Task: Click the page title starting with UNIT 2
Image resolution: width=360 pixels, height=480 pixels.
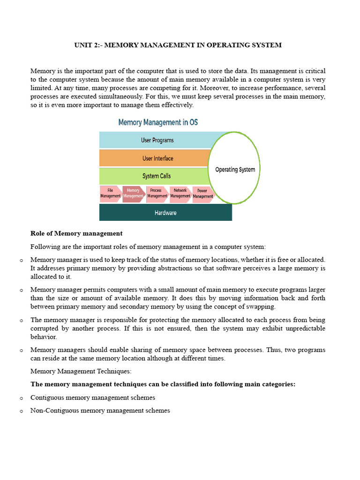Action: click(178, 45)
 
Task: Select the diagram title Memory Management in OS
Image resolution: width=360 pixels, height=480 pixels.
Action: click(158, 122)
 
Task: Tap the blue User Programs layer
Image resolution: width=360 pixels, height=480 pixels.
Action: click(157, 140)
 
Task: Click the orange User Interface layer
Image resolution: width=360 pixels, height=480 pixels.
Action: click(157, 158)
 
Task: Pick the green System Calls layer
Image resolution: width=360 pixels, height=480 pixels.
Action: click(156, 176)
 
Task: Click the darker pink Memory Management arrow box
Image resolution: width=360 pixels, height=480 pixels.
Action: click(133, 194)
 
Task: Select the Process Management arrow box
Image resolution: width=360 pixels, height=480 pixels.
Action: click(157, 194)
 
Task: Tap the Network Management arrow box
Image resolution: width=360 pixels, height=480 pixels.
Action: click(180, 194)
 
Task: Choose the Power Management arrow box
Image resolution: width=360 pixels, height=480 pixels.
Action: click(202, 194)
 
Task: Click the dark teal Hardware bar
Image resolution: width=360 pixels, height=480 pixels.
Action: click(165, 213)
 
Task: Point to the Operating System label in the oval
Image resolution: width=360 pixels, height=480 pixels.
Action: click(235, 170)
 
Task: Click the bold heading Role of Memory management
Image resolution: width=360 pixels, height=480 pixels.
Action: click(76, 233)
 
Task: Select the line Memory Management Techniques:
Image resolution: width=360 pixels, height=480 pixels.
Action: click(81, 371)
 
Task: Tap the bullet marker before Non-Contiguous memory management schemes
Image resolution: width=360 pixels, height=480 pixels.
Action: click(22, 411)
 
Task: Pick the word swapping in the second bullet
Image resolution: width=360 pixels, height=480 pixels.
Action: click(261, 307)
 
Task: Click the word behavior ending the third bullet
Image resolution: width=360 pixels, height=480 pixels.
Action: click(43, 337)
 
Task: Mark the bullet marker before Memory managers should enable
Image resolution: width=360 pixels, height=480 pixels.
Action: click(22, 351)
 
